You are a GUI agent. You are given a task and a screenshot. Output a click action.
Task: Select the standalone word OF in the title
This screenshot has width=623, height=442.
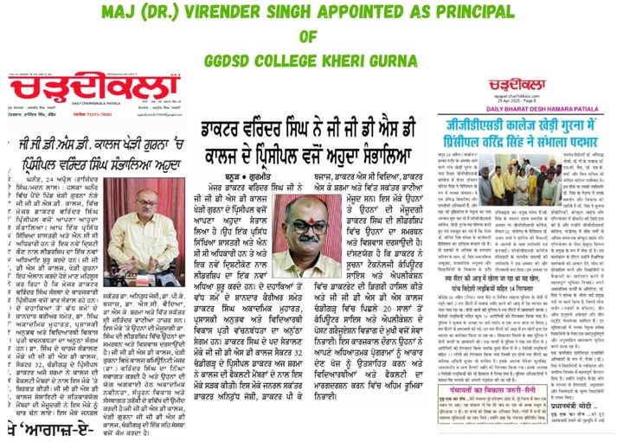309,37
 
